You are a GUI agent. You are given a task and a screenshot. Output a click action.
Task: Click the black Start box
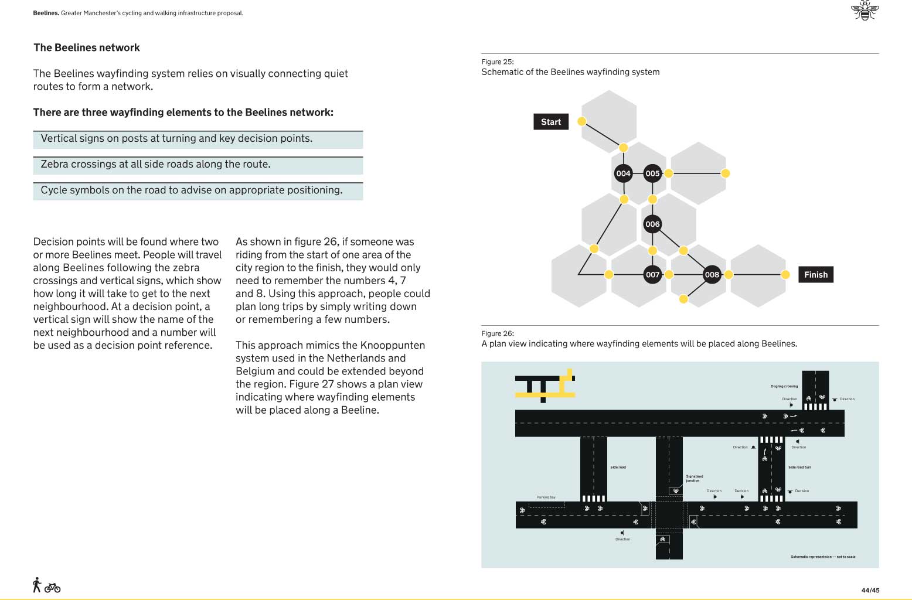coord(550,122)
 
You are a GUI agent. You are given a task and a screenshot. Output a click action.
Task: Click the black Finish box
coord(815,275)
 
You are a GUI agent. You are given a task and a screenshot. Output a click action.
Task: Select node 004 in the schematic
coord(623,173)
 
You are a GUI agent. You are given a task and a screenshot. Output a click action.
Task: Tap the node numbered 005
coord(652,173)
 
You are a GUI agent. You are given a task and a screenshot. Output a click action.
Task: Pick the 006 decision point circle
coord(652,224)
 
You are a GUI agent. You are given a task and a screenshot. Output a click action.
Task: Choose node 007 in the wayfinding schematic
coord(652,275)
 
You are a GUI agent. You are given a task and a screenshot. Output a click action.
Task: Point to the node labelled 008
coord(712,275)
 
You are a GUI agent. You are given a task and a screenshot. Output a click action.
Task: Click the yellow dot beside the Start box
coord(581,121)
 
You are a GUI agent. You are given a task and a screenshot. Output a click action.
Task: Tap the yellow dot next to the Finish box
coord(785,275)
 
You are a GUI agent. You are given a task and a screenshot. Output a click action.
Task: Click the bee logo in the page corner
coord(865,11)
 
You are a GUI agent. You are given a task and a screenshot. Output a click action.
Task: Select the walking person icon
coord(37,585)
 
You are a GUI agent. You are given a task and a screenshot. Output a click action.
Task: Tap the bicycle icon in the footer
coord(52,587)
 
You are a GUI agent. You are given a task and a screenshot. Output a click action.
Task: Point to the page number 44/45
coord(870,590)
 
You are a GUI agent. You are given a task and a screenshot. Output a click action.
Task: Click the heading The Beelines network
coord(87,48)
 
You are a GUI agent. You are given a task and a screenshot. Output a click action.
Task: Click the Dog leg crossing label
coord(784,387)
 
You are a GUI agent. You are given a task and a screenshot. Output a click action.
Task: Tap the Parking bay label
coord(546,497)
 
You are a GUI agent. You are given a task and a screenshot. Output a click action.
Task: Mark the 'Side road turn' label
coord(799,468)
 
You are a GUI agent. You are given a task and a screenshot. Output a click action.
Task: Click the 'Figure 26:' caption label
coord(497,333)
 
